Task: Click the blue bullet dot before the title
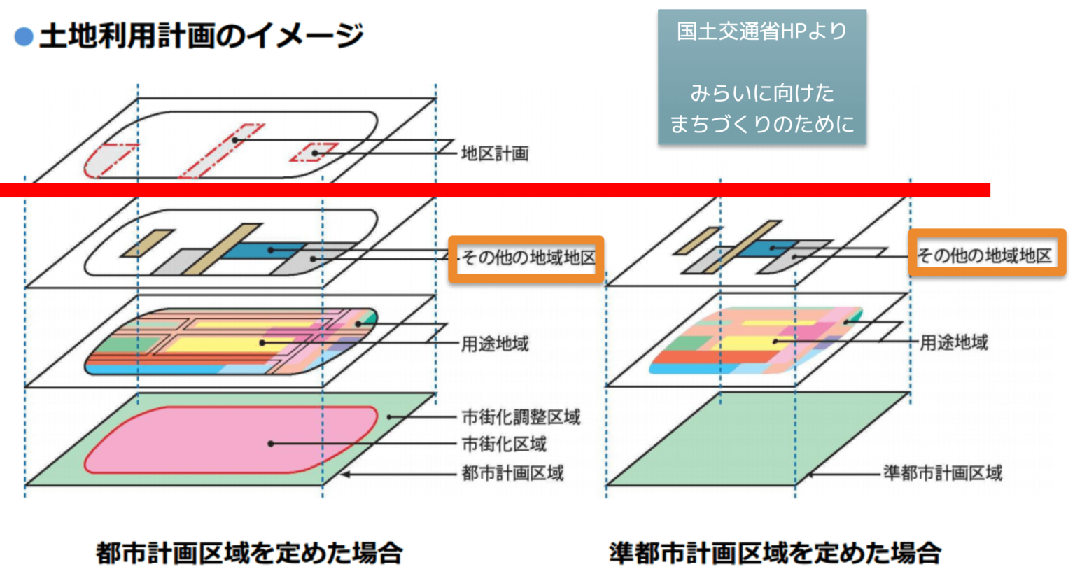[24, 36]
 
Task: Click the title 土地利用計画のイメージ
[201, 35]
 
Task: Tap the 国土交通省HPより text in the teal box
[761, 31]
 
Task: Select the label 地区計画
[494, 153]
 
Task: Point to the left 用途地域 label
[495, 344]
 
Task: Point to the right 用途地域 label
[953, 342]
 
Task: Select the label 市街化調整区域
[521, 417]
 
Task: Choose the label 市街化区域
[504, 444]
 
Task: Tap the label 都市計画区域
[512, 473]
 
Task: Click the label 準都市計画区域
[942, 473]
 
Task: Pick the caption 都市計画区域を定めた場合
[249, 553]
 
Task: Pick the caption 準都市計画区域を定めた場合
[774, 553]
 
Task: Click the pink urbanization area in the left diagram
[210, 441]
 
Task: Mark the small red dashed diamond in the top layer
[314, 153]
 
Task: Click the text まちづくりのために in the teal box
[761, 124]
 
